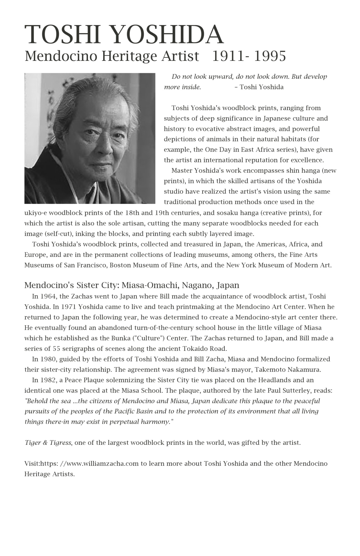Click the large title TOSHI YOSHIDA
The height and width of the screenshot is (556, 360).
click(124, 35)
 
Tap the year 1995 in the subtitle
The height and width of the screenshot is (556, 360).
click(270, 56)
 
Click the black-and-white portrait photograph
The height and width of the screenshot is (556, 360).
click(90, 138)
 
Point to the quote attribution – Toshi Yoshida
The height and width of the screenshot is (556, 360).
click(259, 87)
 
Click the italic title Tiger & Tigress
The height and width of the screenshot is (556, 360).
click(48, 443)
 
